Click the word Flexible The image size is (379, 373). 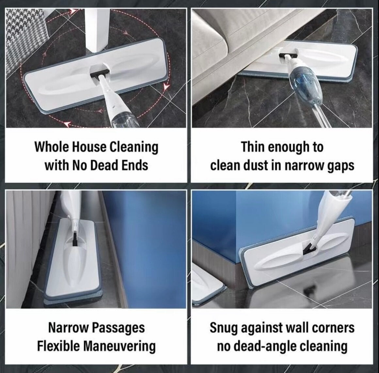(x=58, y=346)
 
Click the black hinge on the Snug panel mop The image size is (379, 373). (x=309, y=249)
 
